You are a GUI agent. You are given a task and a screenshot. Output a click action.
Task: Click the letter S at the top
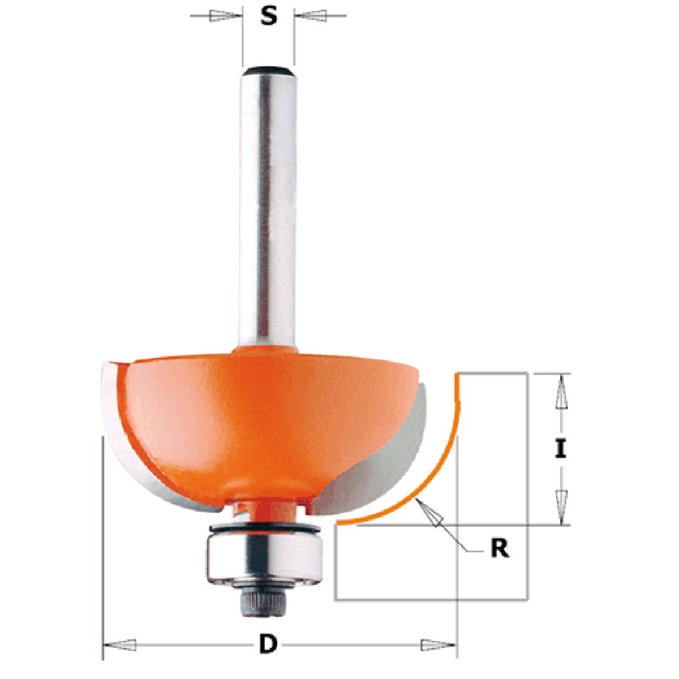point(269,18)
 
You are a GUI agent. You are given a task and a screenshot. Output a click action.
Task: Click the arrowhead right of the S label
point(312,16)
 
